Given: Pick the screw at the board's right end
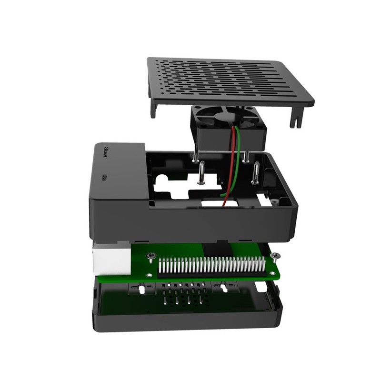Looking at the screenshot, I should click(275, 258).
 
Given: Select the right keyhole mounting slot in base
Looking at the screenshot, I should click(221, 288).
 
